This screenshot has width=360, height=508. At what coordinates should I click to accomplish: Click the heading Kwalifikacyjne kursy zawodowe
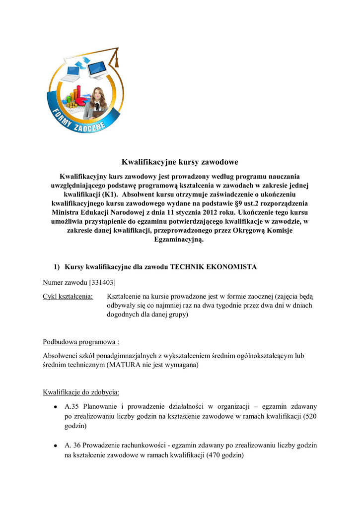(x=180, y=162)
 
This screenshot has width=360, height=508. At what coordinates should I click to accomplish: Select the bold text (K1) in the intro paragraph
(x=110, y=194)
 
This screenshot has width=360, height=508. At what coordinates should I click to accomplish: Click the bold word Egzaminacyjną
(x=180, y=239)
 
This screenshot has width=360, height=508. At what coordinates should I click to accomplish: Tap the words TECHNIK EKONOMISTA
(x=214, y=267)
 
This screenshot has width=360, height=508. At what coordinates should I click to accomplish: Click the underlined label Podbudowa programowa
(x=80, y=342)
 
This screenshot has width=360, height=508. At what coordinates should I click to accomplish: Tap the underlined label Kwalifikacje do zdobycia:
(x=81, y=392)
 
